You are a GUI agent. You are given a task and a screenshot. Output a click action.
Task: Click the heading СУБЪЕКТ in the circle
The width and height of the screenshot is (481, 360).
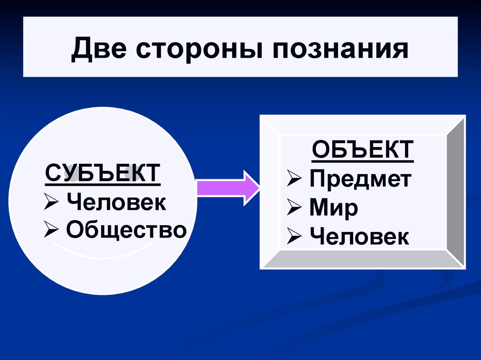pyautogui.click(x=102, y=174)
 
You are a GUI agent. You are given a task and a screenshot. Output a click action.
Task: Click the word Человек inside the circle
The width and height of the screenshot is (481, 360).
pyautogui.click(x=116, y=203)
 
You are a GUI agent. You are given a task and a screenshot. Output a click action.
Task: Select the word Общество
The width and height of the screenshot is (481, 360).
pyautogui.click(x=126, y=230)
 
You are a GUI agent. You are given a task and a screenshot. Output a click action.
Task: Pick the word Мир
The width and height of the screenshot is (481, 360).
pyautogui.click(x=334, y=208)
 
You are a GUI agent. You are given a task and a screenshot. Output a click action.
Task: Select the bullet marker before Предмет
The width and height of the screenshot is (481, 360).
pyautogui.click(x=295, y=179)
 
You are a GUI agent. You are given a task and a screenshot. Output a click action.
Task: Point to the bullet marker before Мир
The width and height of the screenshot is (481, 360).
pyautogui.click(x=295, y=208)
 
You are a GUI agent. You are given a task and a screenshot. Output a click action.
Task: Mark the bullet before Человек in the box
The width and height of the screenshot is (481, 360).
pyautogui.click(x=295, y=237)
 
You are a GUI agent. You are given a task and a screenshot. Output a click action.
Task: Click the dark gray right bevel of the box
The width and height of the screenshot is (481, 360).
pyautogui.click(x=455, y=192)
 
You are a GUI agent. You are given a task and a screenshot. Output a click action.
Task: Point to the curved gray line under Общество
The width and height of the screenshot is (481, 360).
pyautogui.click(x=103, y=248)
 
